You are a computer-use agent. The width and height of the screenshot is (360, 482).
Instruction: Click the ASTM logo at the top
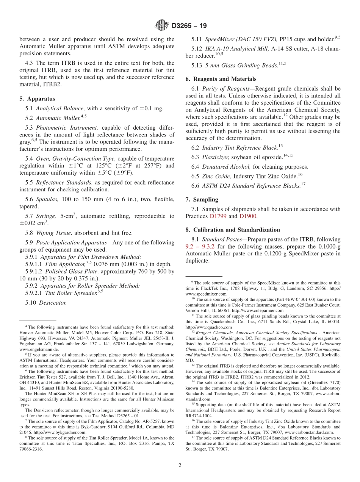161,26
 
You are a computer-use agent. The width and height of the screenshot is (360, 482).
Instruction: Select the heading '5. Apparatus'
37,99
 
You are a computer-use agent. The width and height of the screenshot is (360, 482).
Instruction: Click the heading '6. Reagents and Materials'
221,79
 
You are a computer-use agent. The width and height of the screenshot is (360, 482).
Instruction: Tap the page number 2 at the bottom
180,466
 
